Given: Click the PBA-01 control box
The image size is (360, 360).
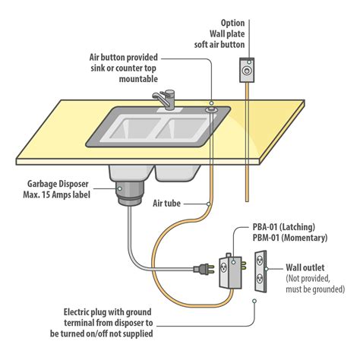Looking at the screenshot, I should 230,268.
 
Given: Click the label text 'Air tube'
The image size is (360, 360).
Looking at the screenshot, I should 169,204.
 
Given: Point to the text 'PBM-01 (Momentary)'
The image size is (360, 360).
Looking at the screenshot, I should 289,238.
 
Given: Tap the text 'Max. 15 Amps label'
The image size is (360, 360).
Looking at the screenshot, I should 61,194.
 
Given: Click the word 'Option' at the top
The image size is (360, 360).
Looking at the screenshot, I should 233,23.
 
